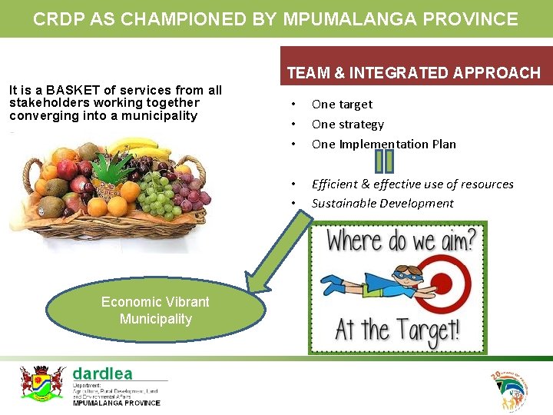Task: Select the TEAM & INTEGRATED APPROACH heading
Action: (414, 73)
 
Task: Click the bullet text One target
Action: (342, 104)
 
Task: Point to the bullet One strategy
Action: (347, 124)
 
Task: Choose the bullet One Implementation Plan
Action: (383, 144)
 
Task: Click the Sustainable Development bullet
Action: (382, 203)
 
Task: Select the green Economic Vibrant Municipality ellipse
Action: (155, 310)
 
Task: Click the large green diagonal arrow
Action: (273, 246)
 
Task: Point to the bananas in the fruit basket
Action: (135, 146)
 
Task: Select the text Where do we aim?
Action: (400, 240)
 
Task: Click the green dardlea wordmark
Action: (102, 373)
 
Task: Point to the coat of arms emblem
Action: (42, 382)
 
